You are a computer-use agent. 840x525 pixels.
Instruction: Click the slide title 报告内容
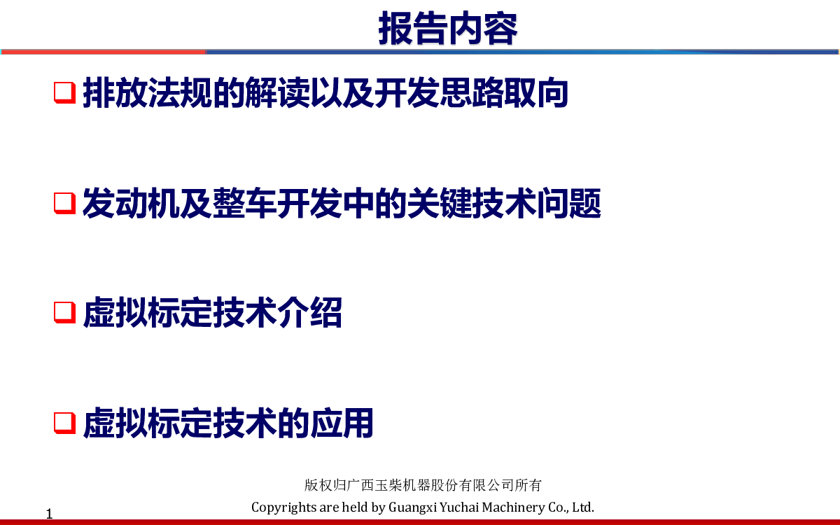click(448, 28)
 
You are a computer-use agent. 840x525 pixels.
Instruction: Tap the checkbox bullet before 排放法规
click(65, 92)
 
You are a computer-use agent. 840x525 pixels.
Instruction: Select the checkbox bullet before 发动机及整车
click(65, 203)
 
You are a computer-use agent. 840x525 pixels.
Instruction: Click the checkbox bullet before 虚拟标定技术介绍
click(65, 312)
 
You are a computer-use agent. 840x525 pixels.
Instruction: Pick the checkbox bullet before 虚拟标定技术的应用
click(65, 423)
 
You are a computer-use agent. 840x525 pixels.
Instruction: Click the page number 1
click(49, 514)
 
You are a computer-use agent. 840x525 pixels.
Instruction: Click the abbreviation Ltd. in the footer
click(583, 507)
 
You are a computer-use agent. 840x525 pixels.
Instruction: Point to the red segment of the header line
click(104, 52)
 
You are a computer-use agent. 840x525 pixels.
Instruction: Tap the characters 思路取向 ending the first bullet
click(503, 92)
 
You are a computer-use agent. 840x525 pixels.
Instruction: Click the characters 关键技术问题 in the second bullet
click(503, 203)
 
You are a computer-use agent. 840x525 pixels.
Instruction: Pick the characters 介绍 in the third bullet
click(309, 312)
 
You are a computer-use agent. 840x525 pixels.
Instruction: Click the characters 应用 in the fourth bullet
click(342, 423)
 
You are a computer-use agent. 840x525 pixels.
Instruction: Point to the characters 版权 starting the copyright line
click(318, 485)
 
